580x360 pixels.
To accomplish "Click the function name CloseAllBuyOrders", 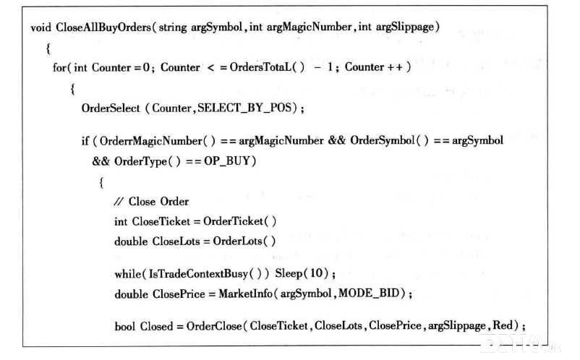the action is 103,27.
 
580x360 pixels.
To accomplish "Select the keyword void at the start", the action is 40,27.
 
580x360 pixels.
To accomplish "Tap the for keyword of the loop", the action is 59,67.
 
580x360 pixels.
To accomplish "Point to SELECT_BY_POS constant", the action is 244,108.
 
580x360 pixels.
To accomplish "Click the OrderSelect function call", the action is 111,108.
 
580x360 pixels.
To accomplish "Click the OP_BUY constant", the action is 227,161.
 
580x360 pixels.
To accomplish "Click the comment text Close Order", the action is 158,202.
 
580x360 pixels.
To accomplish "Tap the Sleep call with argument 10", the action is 302,273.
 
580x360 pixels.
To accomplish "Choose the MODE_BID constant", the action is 369,293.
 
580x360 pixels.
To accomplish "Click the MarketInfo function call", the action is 246,293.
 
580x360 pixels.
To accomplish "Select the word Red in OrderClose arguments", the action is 503,325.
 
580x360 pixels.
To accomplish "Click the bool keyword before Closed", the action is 125,326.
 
